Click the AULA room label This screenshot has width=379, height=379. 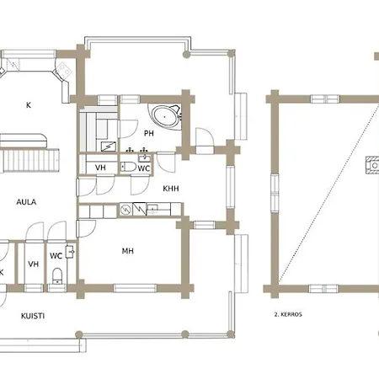click(26, 202)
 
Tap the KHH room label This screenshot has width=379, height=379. click(171, 189)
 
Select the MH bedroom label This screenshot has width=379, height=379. click(128, 251)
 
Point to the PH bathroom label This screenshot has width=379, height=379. click(149, 133)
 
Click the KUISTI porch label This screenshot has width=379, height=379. click(33, 316)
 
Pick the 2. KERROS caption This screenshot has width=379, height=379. click(288, 314)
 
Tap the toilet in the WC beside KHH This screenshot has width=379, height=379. click(129, 167)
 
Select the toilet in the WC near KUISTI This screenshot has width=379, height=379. click(57, 275)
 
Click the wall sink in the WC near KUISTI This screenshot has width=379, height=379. click(69, 252)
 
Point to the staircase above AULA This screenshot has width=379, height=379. click(29, 160)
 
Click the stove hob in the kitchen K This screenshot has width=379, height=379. click(64, 70)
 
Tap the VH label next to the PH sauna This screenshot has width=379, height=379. click(100, 168)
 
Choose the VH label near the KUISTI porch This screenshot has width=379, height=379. click(34, 264)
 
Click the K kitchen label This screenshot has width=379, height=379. click(29, 105)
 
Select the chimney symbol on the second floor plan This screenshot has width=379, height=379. click(372, 165)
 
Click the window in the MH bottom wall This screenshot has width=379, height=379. click(135, 288)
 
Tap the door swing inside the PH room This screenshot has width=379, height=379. click(128, 129)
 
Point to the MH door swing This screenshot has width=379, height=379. click(86, 229)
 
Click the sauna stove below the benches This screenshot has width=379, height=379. click(109, 146)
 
